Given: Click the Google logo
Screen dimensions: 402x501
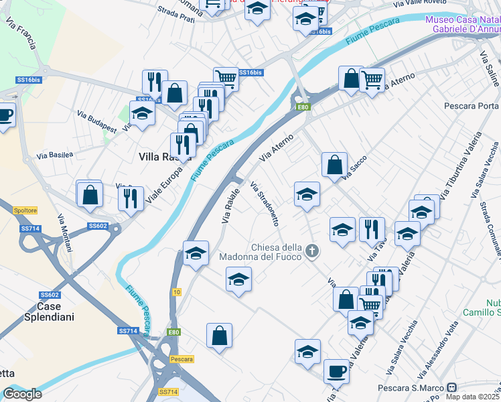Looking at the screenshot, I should point(22,394).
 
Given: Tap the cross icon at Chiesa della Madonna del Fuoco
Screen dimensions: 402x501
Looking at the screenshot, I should point(311,251).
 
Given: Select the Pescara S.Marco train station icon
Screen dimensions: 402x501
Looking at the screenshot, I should point(452,388).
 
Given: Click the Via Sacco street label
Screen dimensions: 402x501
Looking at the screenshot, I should point(356,170).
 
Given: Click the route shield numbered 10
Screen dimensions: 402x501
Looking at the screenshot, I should point(176,291).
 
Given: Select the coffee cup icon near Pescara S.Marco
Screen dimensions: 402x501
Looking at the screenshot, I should point(336,371).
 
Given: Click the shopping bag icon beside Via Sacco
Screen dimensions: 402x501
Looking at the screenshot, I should point(334,163).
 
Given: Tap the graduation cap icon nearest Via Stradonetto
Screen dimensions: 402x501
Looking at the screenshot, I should point(307,194).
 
